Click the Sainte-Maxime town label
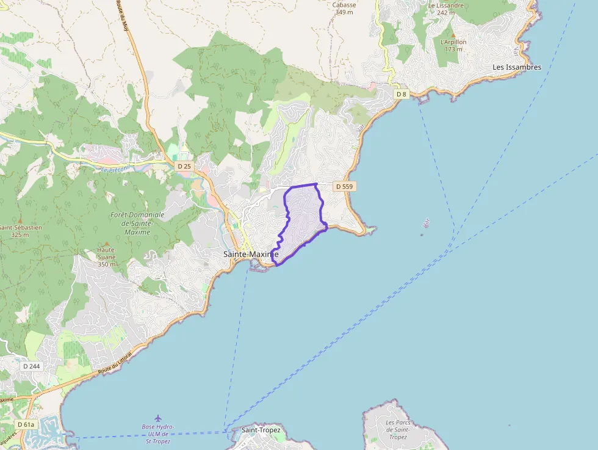(251, 254)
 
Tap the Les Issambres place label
(517, 67)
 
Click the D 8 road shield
(401, 94)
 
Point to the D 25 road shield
(184, 166)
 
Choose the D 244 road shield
(31, 366)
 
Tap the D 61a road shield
(26, 424)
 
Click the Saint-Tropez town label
(261, 430)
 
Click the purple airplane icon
(158, 418)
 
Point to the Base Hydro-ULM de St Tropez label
(158, 434)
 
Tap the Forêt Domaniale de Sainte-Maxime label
(138, 223)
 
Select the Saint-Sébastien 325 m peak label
(20, 231)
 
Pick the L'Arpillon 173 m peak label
(453, 45)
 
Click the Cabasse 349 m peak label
(344, 8)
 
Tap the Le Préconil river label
(116, 169)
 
